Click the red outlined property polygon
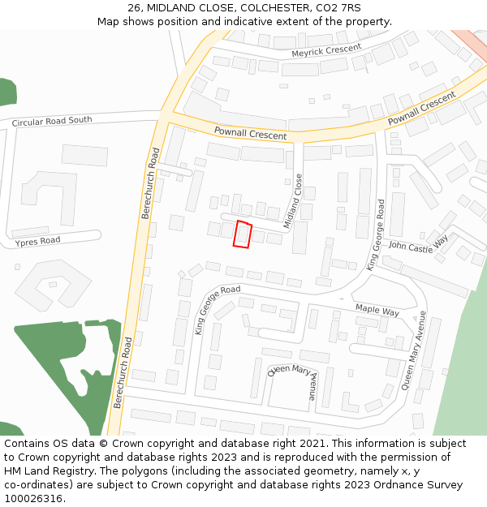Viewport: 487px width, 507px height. [x=243, y=234]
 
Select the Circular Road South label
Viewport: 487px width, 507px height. [x=52, y=122]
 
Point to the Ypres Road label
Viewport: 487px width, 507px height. [x=38, y=241]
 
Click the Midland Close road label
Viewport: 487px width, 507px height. [x=293, y=200]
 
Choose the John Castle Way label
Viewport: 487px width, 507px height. [x=418, y=245]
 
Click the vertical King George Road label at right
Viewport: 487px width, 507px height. [x=375, y=236]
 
